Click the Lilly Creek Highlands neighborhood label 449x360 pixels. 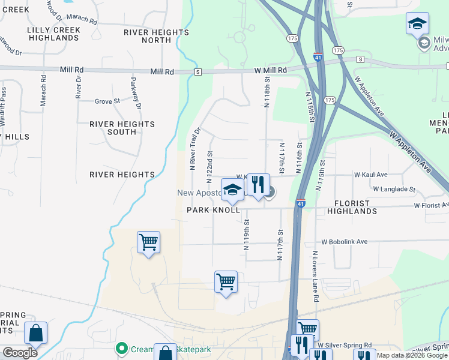coord(53,34)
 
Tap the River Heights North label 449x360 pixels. coord(156,36)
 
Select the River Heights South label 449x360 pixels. coord(122,128)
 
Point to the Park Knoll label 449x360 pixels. coord(213,210)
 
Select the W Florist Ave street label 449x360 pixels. coord(432,205)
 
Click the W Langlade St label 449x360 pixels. coord(394,189)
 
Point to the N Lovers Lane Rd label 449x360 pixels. coord(315,276)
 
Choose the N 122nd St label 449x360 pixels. coord(209,167)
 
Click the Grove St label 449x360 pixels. coord(107,101)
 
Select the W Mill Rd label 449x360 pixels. coord(270,70)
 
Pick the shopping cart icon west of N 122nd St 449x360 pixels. coord(148,242)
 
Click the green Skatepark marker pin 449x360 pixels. coord(122,348)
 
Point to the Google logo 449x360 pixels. coord(20,353)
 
